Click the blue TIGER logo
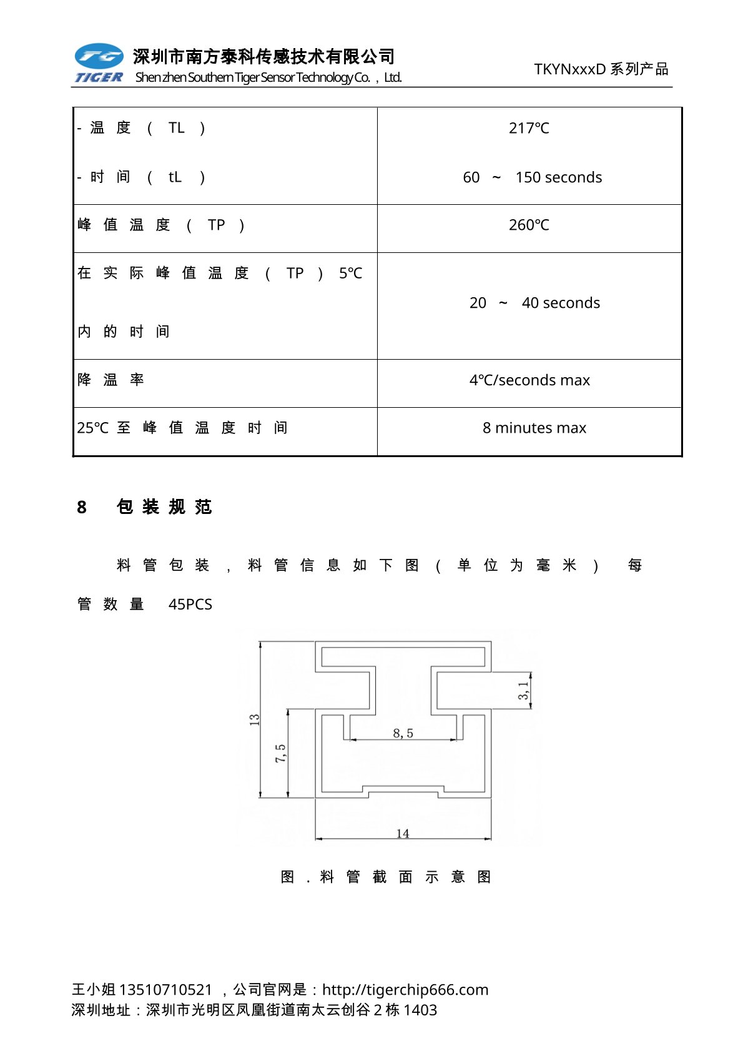tap(99, 63)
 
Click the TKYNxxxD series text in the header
tap(601, 69)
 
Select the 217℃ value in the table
tap(529, 128)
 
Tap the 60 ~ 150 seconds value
tap(532, 177)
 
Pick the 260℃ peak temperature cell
tap(529, 225)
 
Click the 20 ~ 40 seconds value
tap(534, 303)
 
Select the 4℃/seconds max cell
tap(529, 380)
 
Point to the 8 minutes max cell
tap(534, 428)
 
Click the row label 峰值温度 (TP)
tap(160, 225)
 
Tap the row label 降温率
tap(111, 380)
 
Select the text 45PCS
tap(190, 604)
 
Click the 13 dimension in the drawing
tap(254, 719)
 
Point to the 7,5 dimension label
tap(280, 753)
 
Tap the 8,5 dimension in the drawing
tap(403, 733)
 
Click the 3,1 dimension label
tap(523, 690)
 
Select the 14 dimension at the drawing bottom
tap(403, 833)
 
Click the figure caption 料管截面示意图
tap(386, 877)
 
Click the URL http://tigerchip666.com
tap(405, 989)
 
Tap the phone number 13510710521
tap(165, 989)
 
